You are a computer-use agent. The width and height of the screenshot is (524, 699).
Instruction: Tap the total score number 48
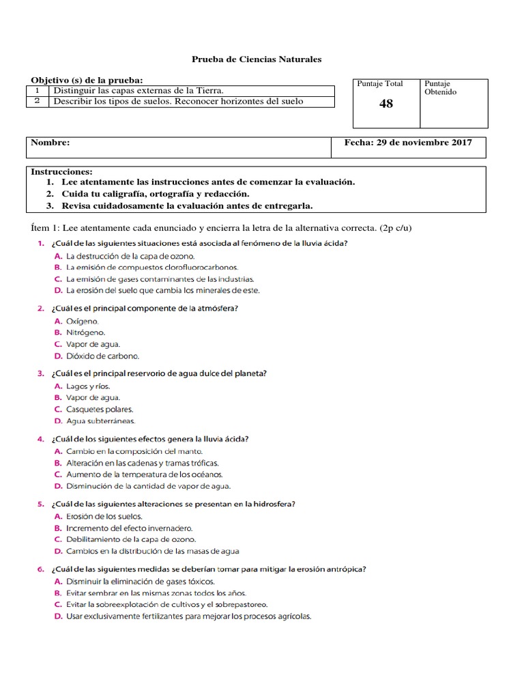click(386, 104)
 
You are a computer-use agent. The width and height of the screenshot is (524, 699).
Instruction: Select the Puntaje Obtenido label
click(441, 87)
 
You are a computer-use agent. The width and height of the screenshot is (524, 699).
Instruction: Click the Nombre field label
click(50, 143)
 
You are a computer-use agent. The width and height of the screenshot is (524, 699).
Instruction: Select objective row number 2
click(38, 102)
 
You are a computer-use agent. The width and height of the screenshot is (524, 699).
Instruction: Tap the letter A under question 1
click(58, 256)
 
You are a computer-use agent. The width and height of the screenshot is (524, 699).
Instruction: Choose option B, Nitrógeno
click(85, 332)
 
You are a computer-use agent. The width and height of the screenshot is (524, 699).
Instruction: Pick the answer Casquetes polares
click(100, 409)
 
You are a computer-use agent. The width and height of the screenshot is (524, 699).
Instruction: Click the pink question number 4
click(41, 438)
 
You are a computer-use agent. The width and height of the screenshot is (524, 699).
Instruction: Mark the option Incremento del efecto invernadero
click(129, 528)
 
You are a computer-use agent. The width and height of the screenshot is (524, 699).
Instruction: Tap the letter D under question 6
click(58, 616)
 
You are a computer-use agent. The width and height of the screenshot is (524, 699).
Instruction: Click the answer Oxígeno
click(82, 320)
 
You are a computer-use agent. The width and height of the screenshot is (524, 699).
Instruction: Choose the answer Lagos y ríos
click(87, 386)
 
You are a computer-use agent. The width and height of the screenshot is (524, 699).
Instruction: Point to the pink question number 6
click(41, 569)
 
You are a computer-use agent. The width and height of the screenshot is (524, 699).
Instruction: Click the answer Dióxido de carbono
click(102, 356)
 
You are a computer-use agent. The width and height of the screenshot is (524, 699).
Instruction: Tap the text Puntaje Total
click(380, 83)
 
